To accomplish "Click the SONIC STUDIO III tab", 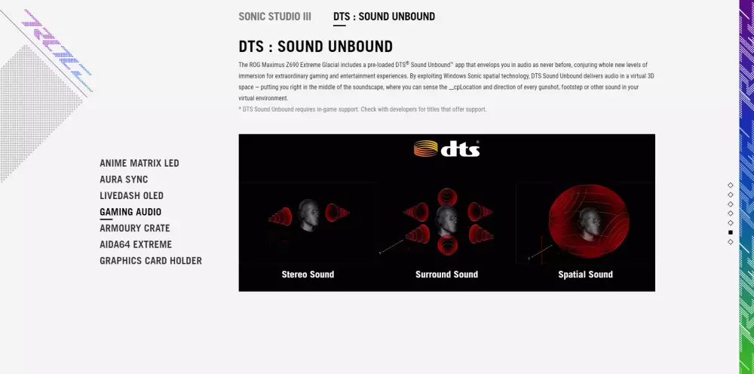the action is click(x=274, y=17).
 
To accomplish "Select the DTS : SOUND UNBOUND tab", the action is click(x=384, y=17).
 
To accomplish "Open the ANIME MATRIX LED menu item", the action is click(x=139, y=163).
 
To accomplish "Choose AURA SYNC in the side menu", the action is click(x=124, y=179).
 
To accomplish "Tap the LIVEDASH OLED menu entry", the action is click(x=131, y=195).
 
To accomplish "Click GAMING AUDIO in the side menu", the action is click(x=130, y=212).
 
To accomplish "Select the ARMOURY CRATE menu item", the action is click(x=135, y=228).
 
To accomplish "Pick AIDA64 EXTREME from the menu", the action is click(x=136, y=245).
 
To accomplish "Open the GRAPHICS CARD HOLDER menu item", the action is click(x=151, y=261).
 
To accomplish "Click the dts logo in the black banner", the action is click(x=446, y=149).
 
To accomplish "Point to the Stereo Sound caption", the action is click(x=308, y=274).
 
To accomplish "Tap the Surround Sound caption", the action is click(x=446, y=274).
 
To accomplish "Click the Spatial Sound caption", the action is click(x=585, y=274).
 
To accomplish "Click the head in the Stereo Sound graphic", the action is click(x=308, y=215).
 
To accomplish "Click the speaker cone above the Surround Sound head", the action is click(x=447, y=196).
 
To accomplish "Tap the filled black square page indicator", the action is click(x=731, y=233).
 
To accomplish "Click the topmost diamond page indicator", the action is click(x=731, y=185).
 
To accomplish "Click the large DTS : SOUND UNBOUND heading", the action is click(x=315, y=47).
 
